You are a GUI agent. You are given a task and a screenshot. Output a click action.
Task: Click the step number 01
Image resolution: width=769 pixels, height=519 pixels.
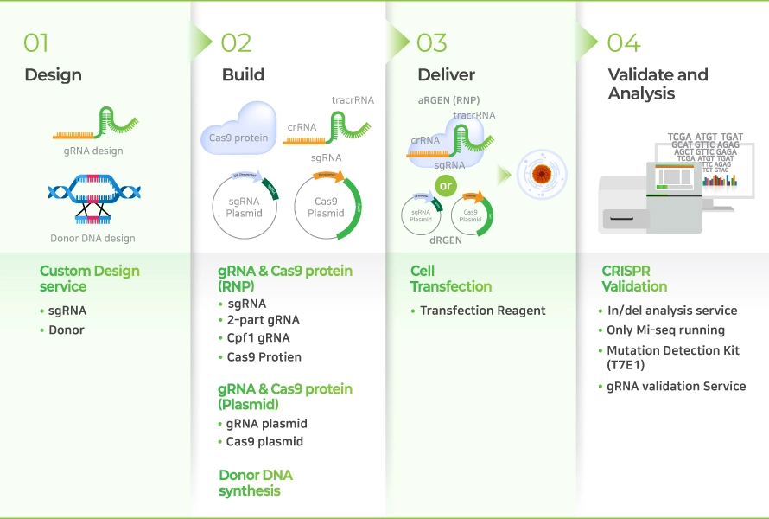click(x=36, y=42)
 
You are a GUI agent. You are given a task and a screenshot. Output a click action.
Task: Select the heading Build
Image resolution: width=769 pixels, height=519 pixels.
click(x=243, y=75)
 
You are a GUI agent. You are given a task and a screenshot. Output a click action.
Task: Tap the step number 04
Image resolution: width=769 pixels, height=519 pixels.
click(x=624, y=42)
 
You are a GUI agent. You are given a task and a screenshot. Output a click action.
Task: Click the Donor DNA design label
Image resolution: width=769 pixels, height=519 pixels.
click(x=92, y=238)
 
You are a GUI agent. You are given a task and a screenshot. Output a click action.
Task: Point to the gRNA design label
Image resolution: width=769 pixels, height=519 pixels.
click(x=93, y=151)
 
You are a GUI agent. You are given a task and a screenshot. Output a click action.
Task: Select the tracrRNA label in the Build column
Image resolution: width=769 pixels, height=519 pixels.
click(x=353, y=100)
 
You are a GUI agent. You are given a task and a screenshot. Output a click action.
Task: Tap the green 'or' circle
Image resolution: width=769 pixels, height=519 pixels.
click(x=446, y=186)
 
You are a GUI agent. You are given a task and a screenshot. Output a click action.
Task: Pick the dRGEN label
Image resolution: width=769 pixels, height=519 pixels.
click(x=446, y=240)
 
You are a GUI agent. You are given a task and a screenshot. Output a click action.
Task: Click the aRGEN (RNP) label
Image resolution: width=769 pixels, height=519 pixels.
click(x=448, y=100)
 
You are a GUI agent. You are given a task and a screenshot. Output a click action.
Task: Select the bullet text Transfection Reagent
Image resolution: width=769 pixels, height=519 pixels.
click(x=482, y=311)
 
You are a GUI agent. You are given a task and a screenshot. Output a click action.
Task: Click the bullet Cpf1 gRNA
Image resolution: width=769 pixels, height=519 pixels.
click(x=258, y=338)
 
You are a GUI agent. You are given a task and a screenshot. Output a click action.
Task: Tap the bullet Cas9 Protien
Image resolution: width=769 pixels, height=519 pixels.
click(x=264, y=357)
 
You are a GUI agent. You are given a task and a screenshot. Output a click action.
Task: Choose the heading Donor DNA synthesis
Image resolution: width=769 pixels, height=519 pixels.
click(x=255, y=483)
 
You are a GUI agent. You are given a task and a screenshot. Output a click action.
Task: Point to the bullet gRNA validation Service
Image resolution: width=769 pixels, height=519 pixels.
click(x=676, y=386)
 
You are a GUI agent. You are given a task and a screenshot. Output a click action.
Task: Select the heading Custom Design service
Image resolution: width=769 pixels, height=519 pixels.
click(x=89, y=279)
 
